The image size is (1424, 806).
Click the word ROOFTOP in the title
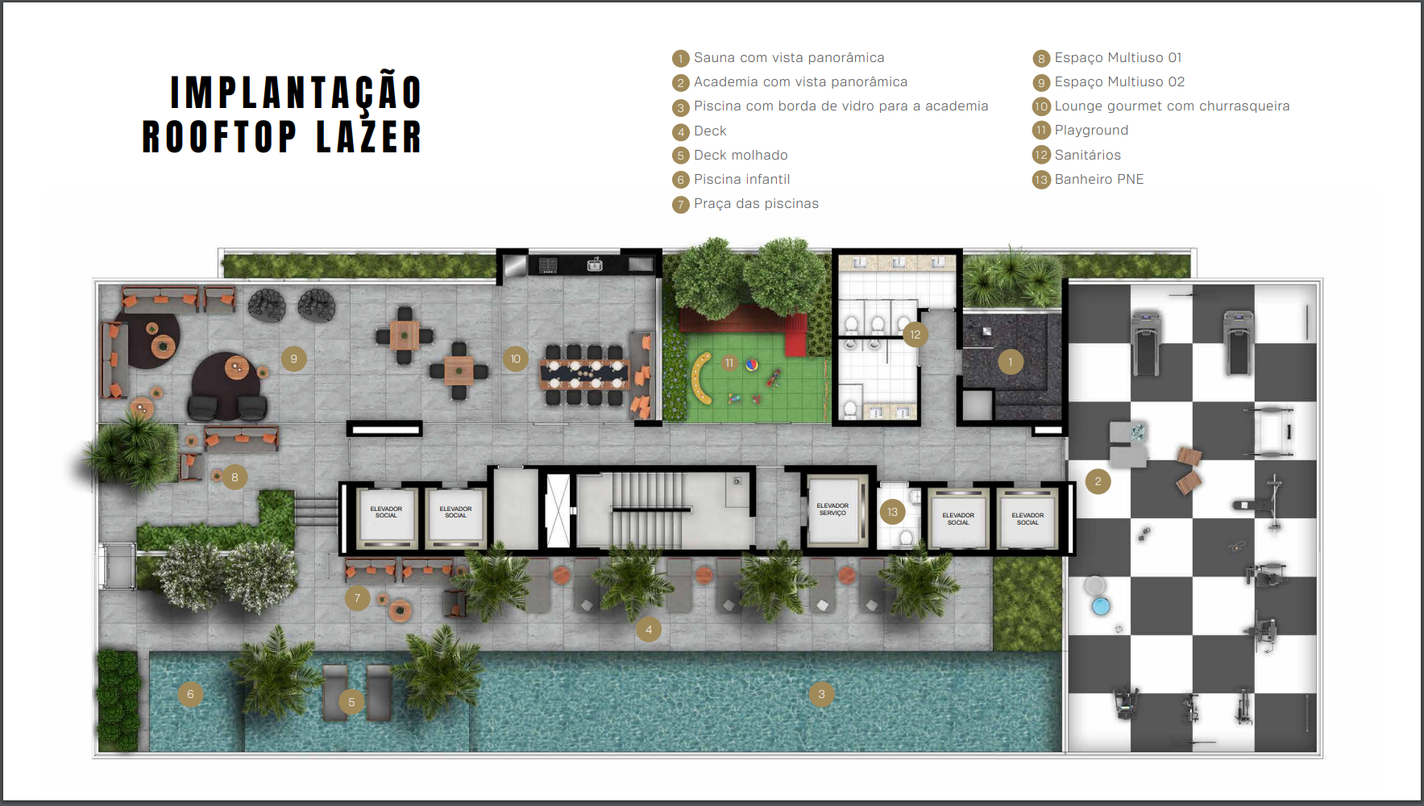coord(220,136)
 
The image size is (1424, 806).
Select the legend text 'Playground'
coord(1091,130)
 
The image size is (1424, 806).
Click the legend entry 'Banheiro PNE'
coord(1099,179)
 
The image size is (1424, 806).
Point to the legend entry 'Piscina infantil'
coord(741,179)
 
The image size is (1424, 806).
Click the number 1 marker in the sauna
coord(1011,362)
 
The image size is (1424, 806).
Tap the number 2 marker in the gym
coord(1098,482)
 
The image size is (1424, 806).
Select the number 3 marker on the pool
coord(821,694)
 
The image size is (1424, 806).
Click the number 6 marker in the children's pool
coord(190,694)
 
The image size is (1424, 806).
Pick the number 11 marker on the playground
coord(729,363)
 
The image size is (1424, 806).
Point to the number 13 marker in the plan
coord(892,512)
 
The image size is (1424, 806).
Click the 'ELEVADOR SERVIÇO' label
coord(832,509)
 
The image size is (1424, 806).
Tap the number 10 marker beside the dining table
coord(516,359)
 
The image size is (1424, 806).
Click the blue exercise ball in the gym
coord(1101,606)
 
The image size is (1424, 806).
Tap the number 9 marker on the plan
coord(293,359)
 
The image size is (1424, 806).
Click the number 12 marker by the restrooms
coord(915,334)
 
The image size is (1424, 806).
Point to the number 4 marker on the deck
coord(649,629)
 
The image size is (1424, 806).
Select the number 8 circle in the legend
coord(1041,58)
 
